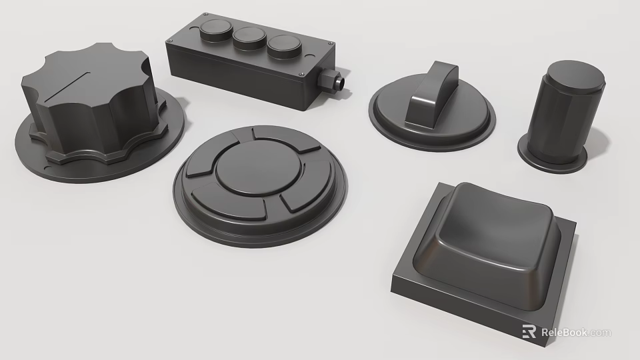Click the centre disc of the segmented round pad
pyautogui.click(x=255, y=172)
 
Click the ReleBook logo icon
pyautogui.click(x=529, y=332)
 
